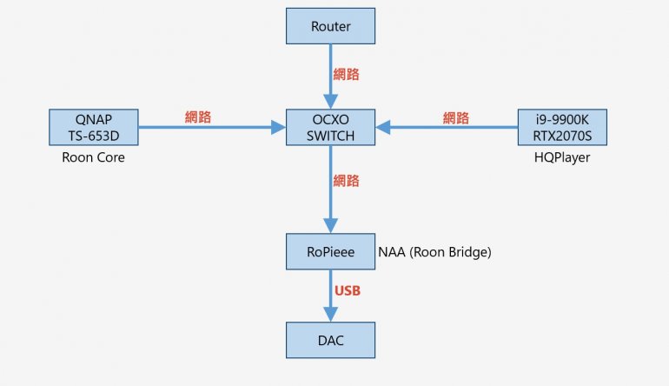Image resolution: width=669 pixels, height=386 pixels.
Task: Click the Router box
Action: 330,26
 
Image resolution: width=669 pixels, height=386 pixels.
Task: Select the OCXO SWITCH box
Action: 330,127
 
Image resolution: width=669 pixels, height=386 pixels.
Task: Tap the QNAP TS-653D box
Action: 94,127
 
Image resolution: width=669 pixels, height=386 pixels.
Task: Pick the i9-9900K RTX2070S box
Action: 561,127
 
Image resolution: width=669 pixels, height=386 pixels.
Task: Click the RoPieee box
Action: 330,251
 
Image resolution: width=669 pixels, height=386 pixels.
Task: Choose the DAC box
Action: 330,340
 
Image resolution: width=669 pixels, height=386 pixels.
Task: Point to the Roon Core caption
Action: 94,157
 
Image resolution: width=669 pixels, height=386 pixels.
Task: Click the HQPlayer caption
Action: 561,157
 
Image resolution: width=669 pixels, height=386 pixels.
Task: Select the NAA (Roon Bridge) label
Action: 435,252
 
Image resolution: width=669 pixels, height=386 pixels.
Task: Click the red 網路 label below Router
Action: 346,74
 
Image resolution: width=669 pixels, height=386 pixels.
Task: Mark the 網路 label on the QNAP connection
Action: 198,116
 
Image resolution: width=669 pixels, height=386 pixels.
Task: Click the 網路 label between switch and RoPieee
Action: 346,181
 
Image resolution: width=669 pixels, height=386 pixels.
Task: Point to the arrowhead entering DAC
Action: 330,315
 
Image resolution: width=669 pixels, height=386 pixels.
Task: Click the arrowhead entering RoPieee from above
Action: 330,227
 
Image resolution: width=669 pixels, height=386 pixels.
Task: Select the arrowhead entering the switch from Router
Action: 330,102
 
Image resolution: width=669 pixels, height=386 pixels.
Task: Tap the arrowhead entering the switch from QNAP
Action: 279,128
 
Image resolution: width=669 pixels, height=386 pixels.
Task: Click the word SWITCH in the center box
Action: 330,136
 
